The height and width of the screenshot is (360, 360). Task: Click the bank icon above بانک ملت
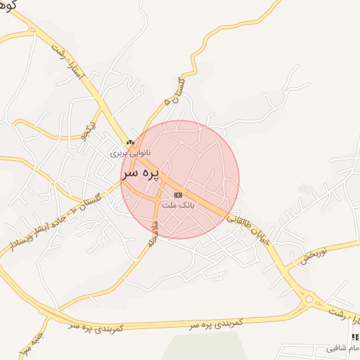[x=177, y=195]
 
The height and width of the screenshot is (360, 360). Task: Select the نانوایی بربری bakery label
[x=130, y=152]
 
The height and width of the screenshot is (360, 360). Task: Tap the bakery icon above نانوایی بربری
[x=130, y=142]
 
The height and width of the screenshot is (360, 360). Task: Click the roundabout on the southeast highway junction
[x=310, y=300]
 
